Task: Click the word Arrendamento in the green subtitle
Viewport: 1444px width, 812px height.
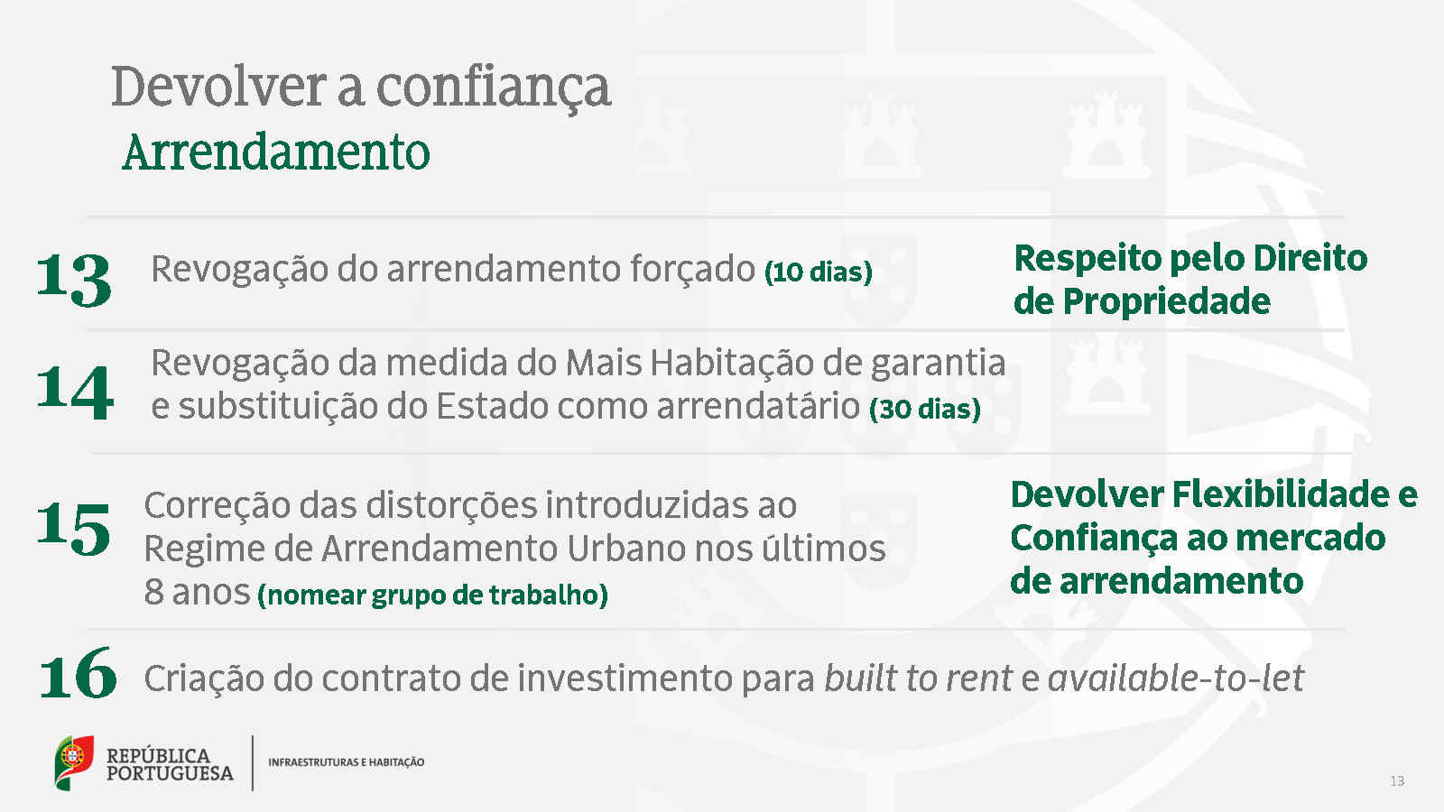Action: click(276, 152)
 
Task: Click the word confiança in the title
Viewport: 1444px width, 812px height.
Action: click(493, 89)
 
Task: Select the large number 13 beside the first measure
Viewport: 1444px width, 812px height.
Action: click(74, 280)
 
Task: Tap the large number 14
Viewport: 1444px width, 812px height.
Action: click(75, 392)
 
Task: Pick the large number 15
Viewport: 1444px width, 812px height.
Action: click(73, 529)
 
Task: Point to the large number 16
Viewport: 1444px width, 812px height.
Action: click(78, 673)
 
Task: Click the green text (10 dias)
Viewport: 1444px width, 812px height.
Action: click(818, 272)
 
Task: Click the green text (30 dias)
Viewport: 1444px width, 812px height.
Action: click(925, 410)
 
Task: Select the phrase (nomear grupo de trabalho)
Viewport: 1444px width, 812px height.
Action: click(432, 595)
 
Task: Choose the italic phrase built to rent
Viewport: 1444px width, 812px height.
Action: click(919, 678)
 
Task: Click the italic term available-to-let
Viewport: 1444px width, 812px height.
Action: click(1177, 678)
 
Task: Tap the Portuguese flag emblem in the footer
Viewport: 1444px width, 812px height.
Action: click(73, 762)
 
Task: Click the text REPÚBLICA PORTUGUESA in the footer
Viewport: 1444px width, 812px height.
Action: click(170, 764)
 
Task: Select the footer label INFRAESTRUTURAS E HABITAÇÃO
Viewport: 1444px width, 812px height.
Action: click(347, 762)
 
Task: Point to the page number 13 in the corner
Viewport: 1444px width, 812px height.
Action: click(1397, 781)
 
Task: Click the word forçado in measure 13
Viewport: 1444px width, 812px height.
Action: click(692, 270)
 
